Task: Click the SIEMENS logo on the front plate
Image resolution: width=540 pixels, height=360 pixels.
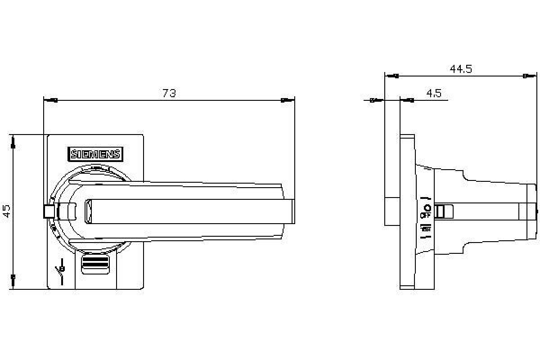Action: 95,154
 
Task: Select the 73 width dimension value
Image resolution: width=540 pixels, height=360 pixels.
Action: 169,93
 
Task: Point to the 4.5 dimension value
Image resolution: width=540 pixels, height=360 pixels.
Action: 434,93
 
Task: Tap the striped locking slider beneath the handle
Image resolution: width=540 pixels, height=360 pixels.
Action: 95,264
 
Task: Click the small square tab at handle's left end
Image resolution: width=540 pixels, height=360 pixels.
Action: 49,211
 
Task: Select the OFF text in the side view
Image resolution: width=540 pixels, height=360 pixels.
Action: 425,216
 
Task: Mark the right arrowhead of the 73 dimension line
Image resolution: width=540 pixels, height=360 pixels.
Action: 284,100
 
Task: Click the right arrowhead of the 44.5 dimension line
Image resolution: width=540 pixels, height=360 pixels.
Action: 527,76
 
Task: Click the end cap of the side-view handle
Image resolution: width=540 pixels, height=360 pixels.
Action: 532,211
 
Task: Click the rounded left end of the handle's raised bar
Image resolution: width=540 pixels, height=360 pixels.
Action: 88,211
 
